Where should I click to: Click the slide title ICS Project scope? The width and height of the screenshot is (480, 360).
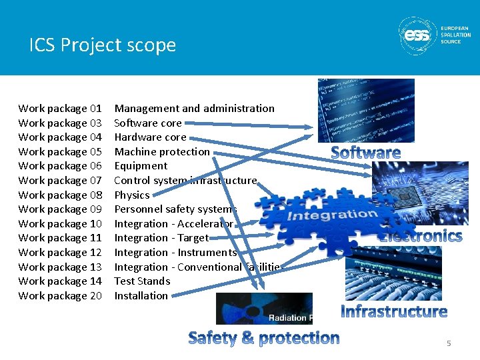103,45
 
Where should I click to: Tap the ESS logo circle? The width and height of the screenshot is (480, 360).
418,35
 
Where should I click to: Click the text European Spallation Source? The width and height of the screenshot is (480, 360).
455,35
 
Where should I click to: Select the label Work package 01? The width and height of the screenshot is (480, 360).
60,108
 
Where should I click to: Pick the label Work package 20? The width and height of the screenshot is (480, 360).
60,295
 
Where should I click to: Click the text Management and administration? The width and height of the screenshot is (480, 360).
194,108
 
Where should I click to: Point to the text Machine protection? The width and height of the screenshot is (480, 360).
162,151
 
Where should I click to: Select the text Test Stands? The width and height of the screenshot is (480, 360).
142,281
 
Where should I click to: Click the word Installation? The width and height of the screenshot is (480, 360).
141,295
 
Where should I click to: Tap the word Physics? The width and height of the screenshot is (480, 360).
132,195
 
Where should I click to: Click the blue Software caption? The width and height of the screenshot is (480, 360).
366,153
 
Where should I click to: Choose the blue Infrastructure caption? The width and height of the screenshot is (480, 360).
394,311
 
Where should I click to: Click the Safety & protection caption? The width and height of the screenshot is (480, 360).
264,338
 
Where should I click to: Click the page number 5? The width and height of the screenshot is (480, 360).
449,343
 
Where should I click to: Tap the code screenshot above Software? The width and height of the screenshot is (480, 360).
365,110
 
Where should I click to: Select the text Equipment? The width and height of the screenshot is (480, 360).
141,165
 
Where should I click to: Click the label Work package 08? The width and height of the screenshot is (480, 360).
60,195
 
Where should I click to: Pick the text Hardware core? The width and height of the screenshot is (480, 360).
150,137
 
